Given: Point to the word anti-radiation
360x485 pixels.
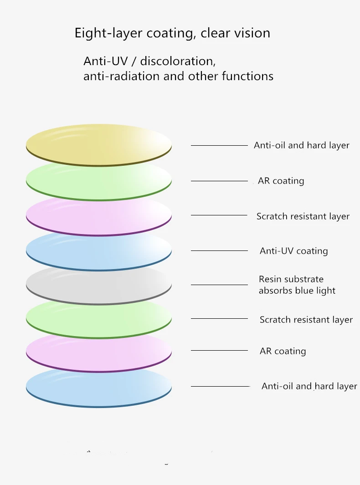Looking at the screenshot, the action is coord(122,76).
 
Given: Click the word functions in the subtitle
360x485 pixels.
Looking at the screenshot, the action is coord(247,76).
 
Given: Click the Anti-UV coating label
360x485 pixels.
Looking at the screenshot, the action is coord(293,251).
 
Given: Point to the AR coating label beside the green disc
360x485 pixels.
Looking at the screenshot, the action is coord(281,181).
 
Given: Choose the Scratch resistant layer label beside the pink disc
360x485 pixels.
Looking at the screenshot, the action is coord(303,216).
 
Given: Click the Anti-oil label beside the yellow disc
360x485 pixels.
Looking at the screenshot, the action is coord(301,145).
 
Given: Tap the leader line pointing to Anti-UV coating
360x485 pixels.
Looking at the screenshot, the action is coord(219,250).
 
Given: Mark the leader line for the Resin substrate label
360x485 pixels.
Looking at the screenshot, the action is coord(219,285).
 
